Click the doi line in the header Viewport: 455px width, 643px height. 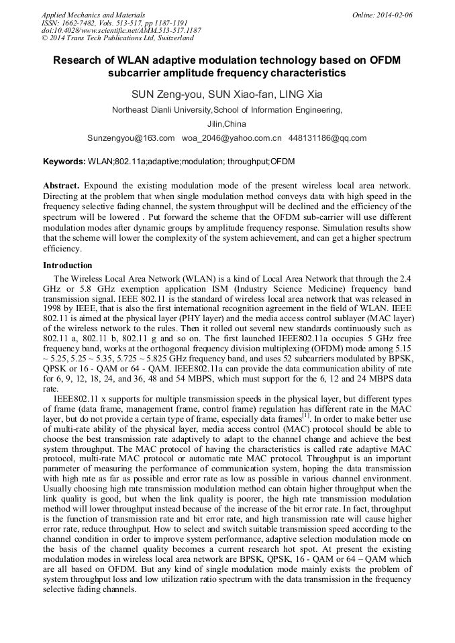(121, 31)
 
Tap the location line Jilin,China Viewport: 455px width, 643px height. (227, 124)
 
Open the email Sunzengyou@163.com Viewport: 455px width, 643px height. (131, 138)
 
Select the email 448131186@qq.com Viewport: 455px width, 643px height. (327, 138)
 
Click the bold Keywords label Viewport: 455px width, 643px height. (64, 162)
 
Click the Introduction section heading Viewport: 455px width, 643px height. (68, 266)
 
